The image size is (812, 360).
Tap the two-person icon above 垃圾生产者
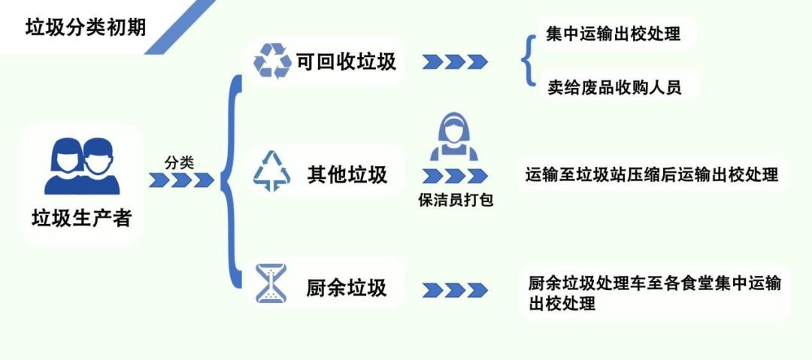click(x=81, y=165)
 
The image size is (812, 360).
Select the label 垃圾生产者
click(x=81, y=218)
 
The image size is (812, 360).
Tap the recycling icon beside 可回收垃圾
click(x=272, y=61)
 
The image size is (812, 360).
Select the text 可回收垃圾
click(x=346, y=62)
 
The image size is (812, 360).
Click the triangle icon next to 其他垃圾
click(x=272, y=171)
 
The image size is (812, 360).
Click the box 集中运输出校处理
click(x=613, y=35)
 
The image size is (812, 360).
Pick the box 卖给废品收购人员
click(x=614, y=86)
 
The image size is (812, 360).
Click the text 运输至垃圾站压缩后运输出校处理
click(x=651, y=175)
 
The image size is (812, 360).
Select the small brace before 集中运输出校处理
click(x=528, y=59)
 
